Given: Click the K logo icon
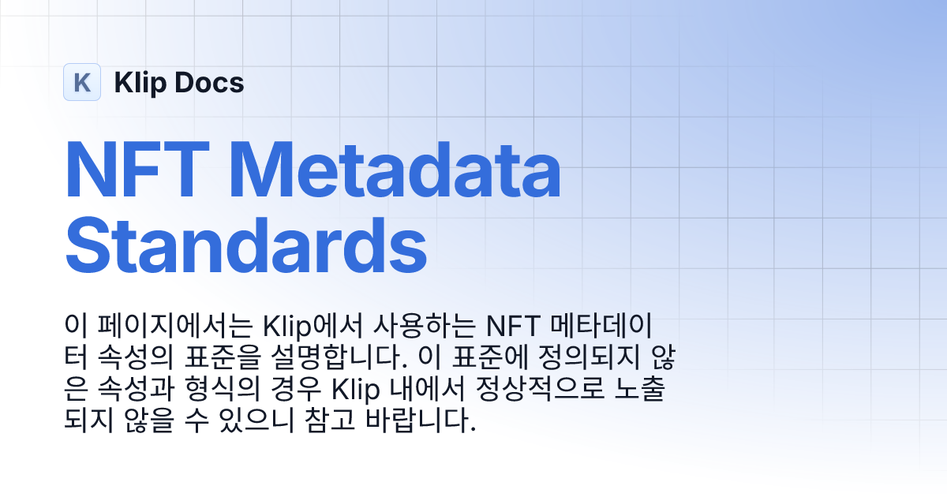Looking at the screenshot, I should pos(82,82).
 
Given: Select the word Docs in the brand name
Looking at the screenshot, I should pos(214,82).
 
